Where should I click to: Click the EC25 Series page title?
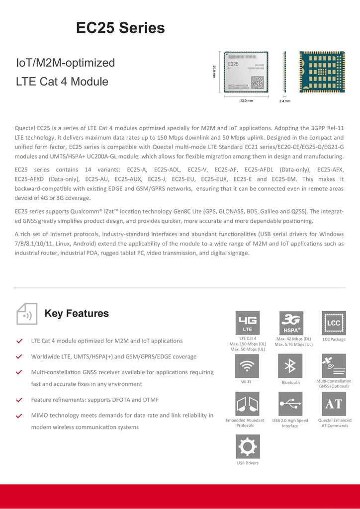pos(120,28)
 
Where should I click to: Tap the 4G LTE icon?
pos(247,323)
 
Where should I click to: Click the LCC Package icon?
pos(334,323)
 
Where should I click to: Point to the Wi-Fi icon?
pos(247,366)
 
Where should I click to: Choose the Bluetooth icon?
pos(290,366)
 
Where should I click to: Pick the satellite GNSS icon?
pos(334,366)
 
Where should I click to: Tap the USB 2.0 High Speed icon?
pos(290,404)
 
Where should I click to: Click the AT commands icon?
pos(334,404)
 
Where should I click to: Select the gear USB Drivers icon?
pos(247,446)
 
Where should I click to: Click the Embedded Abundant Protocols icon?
pos(247,404)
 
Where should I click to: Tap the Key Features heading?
pos(77,314)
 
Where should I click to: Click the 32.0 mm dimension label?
pos(247,101)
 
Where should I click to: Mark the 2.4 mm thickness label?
pos(285,101)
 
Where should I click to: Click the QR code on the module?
pos(257,82)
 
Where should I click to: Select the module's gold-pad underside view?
pos(322,72)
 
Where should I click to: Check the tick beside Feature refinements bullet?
pos(19,400)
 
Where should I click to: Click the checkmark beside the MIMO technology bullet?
pos(19,416)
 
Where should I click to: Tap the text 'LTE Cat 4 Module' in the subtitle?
pos(62,82)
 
